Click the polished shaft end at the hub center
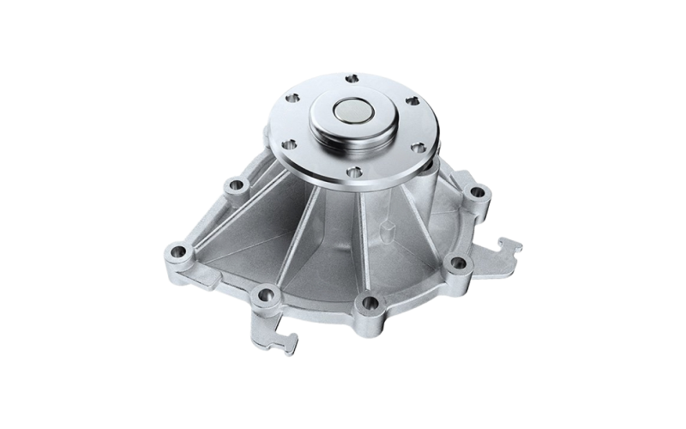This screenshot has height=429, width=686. pos(352,112)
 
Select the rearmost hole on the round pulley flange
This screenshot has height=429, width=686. pos(350,79)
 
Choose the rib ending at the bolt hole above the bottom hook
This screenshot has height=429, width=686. pos(292,257)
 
